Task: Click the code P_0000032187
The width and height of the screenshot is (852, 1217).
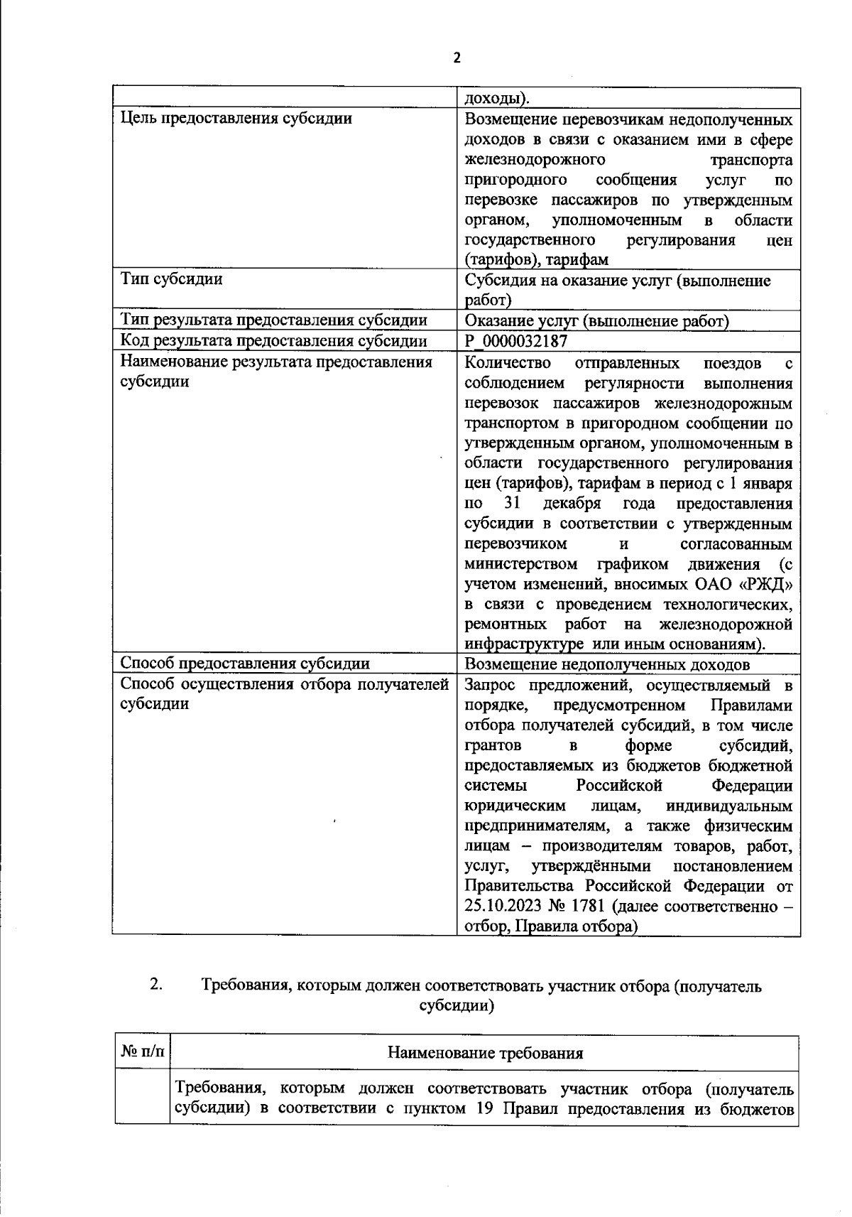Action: coord(515,341)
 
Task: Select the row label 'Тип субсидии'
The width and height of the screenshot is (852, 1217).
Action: coord(171,279)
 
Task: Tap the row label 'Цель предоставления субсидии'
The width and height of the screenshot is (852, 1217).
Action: coord(236,119)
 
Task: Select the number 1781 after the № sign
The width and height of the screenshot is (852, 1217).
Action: coord(589,907)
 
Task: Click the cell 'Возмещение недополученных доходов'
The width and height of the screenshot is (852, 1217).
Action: coord(606,664)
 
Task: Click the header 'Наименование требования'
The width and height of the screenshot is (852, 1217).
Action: coord(485,1053)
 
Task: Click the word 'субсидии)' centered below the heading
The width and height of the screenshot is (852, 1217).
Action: coord(457,1006)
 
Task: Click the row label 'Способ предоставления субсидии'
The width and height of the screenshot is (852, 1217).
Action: coord(245,664)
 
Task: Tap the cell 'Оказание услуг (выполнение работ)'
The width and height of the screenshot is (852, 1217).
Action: coord(596,321)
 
